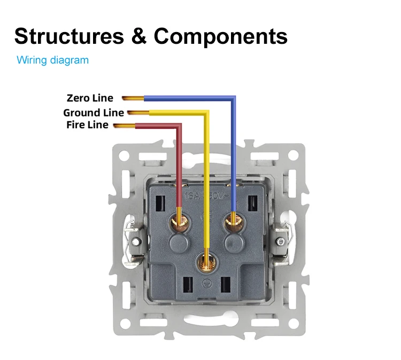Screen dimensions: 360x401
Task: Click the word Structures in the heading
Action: pyautogui.click(x=67, y=36)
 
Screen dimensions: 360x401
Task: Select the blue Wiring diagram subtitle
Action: pyautogui.click(x=52, y=60)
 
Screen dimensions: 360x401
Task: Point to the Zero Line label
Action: pyautogui.click(x=90, y=98)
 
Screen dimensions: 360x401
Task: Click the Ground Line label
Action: pyautogui.click(x=94, y=113)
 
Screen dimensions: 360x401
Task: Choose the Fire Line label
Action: pyautogui.click(x=87, y=125)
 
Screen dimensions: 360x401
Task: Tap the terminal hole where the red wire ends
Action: pyautogui.click(x=178, y=219)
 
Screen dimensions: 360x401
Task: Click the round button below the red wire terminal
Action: pyautogui.click(x=178, y=244)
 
